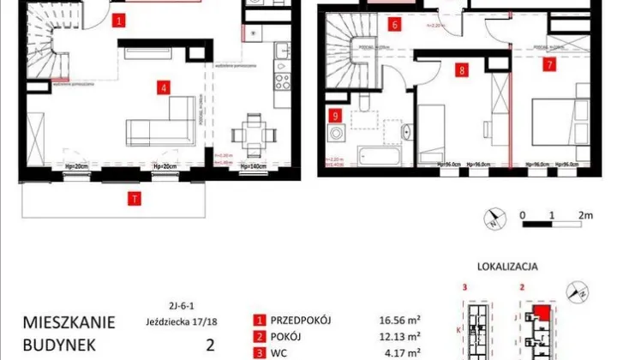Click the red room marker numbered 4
point(162,86)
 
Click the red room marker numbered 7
point(548,62)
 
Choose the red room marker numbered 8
point(462,71)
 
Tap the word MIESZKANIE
point(69,323)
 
